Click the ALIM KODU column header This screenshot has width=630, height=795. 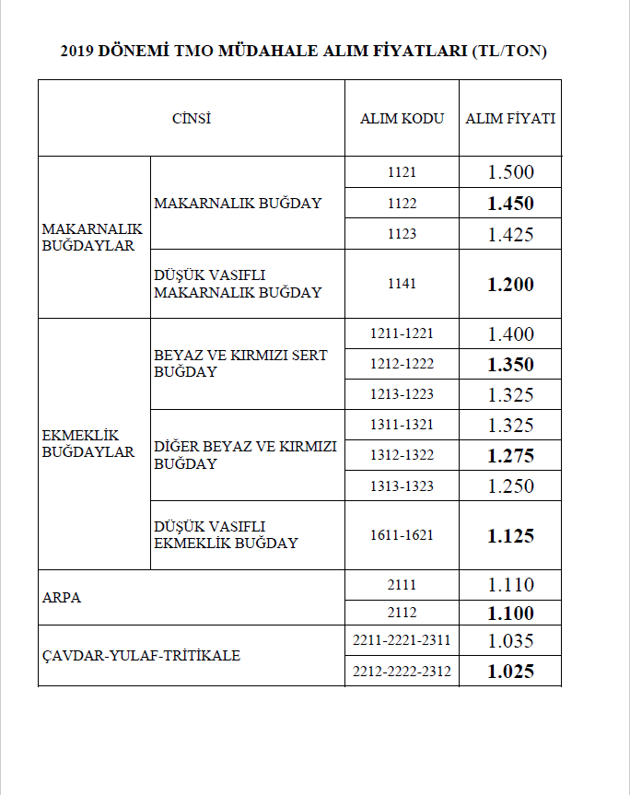coord(402,119)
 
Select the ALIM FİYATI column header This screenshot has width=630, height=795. coord(510,119)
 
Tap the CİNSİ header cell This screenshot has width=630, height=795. coord(192,119)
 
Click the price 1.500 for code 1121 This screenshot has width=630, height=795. coord(510,172)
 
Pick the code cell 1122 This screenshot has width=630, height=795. coord(402,204)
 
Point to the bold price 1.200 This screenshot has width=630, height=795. coord(510,285)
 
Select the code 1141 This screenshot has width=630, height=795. coord(402,284)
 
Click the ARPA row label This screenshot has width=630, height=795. coord(62,597)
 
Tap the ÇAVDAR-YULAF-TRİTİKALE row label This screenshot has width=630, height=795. coord(141,656)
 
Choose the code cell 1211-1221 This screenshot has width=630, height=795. coord(402,333)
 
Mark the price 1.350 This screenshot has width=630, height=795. coord(510,365)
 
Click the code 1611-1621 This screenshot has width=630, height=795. coord(402,535)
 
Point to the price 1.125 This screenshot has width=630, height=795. coord(510,536)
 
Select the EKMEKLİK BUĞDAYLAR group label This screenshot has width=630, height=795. coord(88,443)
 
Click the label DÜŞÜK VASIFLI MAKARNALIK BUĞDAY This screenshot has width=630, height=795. coord(238,284)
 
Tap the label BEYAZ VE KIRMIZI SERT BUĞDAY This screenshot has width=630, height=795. coord(240,363)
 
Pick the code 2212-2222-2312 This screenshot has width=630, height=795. coord(402,672)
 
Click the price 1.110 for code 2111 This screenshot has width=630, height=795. coord(510,585)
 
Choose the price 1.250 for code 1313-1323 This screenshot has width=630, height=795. coord(510,486)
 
